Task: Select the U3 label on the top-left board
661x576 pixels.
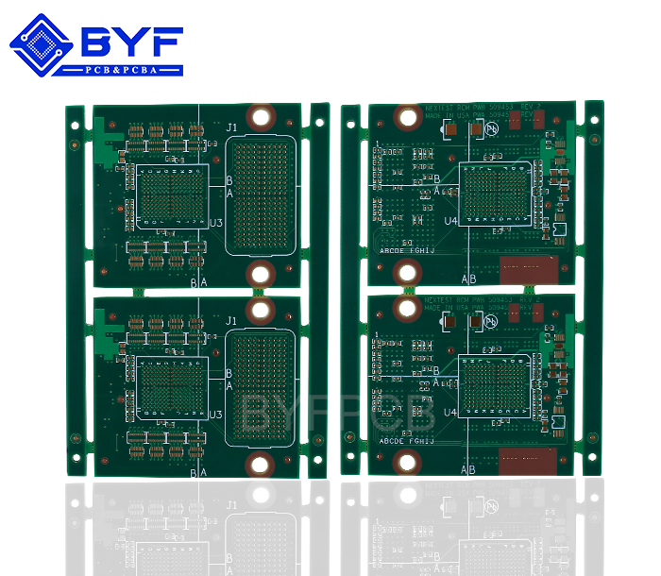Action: (x=215, y=223)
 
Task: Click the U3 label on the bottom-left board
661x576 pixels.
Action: (x=215, y=415)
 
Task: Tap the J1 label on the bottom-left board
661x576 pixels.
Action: (x=233, y=321)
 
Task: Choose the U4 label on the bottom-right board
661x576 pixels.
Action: (x=450, y=412)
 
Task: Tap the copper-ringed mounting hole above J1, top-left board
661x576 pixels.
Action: (x=263, y=118)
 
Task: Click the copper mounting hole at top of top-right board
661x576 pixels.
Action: (x=408, y=117)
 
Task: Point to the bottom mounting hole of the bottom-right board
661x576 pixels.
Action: (x=408, y=461)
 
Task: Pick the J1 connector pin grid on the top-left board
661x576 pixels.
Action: (x=263, y=195)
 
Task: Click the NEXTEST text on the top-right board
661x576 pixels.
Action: (x=440, y=109)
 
